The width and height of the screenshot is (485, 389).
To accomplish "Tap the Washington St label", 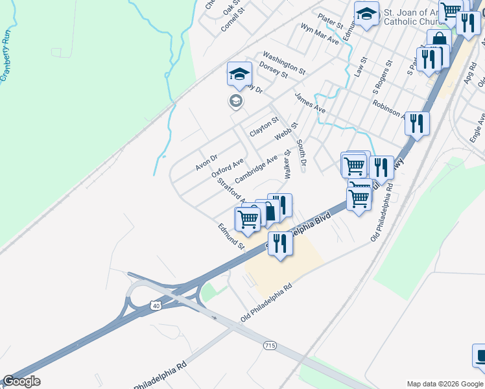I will pyautogui.click(x=283, y=62).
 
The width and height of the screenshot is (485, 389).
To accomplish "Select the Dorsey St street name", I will pyautogui.click(x=273, y=70).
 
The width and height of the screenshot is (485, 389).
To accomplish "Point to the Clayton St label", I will pyautogui.click(x=264, y=126).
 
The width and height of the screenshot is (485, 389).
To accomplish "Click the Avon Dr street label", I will pyautogui.click(x=207, y=162).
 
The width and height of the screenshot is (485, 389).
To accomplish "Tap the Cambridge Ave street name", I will pyautogui.click(x=256, y=169).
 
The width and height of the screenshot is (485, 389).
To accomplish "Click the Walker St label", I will pyautogui.click(x=287, y=165).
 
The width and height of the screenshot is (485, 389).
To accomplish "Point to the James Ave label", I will pyautogui.click(x=310, y=102).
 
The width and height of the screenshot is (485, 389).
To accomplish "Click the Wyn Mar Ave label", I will pyautogui.click(x=320, y=34).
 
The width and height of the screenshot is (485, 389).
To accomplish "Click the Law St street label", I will pyautogui.click(x=361, y=68).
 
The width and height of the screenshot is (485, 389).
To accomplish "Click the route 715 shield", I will pyautogui.click(x=270, y=346).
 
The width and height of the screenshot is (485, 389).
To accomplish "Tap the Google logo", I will pyautogui.click(x=21, y=381).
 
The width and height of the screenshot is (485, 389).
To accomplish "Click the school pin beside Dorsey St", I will pyautogui.click(x=239, y=75).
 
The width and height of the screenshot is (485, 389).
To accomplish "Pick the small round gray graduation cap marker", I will pyautogui.click(x=235, y=100).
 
